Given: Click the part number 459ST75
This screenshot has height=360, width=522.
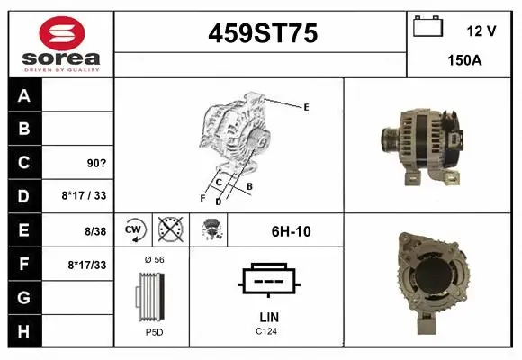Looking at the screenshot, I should click(262, 34).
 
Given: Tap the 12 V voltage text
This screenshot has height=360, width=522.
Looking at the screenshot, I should click(481, 31).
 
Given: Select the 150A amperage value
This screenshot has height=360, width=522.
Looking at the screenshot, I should click(464, 61).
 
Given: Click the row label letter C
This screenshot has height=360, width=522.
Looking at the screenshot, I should click(24, 163).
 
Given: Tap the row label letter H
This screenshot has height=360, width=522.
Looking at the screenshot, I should click(24, 330).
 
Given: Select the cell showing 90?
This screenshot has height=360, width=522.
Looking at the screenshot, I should click(94, 164).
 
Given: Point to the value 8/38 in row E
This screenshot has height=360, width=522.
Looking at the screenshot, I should click(95, 231).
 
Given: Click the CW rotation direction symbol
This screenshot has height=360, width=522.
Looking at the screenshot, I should click(135, 230).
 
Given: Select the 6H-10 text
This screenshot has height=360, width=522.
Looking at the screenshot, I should click(291, 231).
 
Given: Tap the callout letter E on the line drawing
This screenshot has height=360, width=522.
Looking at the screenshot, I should click(306, 107).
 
